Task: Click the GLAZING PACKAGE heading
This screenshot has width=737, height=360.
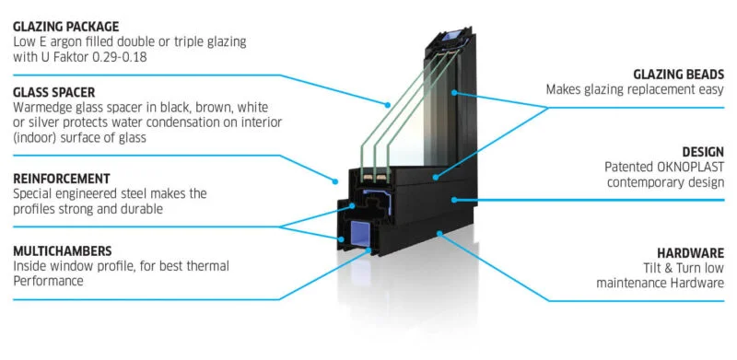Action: (65, 27)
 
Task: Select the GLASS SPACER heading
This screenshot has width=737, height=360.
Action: (54, 92)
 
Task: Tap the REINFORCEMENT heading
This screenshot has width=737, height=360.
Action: (62, 179)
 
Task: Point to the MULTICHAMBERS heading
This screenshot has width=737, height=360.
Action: (63, 250)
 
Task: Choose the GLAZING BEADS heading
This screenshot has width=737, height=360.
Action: (679, 75)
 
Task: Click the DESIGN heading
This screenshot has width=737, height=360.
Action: (703, 152)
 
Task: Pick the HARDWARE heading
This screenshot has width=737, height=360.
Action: (690, 254)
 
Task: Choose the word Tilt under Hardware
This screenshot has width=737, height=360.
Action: (654, 268)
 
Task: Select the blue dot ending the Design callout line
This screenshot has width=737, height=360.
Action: (454, 200)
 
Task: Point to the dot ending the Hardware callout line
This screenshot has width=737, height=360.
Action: (439, 233)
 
